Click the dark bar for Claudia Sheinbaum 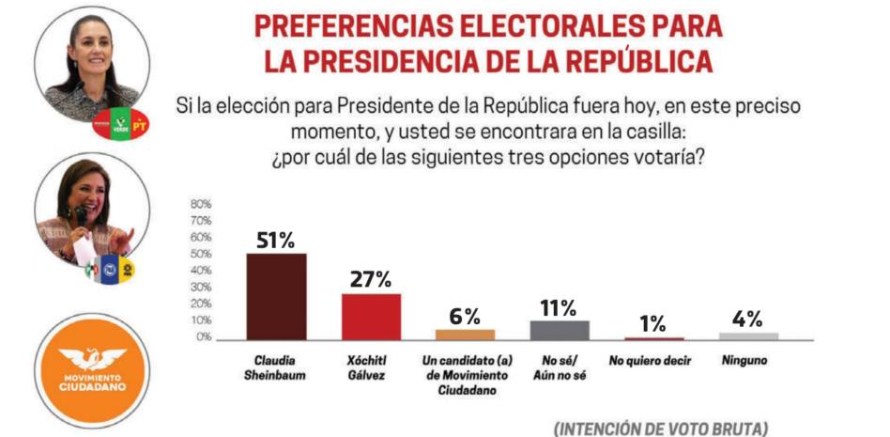[x=276, y=296]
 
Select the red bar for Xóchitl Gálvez [x=371, y=317]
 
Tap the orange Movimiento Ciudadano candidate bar [x=465, y=334]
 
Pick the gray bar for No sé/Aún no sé [x=560, y=330]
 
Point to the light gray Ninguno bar [x=748, y=336]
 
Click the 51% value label [x=276, y=239]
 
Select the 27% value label [x=371, y=279]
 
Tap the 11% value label [x=560, y=306]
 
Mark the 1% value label [x=653, y=324]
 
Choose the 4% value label [x=748, y=319]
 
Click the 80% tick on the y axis [x=202, y=204]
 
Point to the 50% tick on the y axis [x=202, y=254]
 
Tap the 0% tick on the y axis [x=204, y=337]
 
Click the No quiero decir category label [x=653, y=360]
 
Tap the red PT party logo [x=140, y=122]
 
